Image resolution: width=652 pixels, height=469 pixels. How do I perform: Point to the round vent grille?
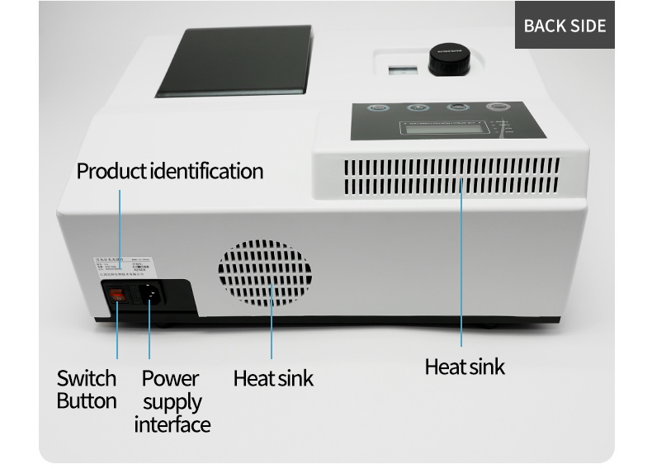tap(265, 275)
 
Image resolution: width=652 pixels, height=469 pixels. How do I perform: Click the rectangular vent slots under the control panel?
tap(451, 177)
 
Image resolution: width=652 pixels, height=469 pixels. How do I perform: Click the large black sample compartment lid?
tap(235, 60)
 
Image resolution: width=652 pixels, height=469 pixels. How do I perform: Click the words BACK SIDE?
tap(565, 26)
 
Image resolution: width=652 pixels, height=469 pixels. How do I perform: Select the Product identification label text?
tap(170, 172)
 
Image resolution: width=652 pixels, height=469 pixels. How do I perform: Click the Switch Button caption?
tap(87, 390)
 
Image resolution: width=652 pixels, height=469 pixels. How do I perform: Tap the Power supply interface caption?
tap(172, 401)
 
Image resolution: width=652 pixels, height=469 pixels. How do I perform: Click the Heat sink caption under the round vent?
tap(273, 379)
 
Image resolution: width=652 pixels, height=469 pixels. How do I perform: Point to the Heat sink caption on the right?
tap(465, 367)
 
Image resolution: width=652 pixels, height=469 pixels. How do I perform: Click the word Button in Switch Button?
tap(87, 401)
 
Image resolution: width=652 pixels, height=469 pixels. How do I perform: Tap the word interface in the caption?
tap(172, 424)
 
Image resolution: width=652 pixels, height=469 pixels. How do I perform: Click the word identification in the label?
tap(206, 172)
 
